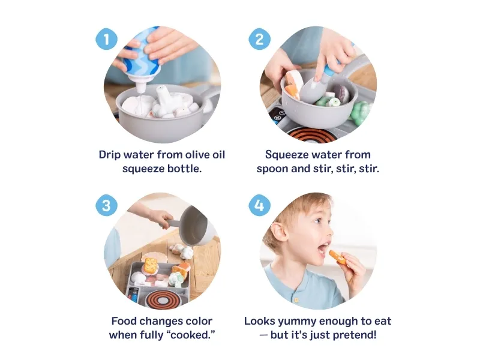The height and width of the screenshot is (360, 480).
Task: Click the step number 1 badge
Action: [x=107, y=39]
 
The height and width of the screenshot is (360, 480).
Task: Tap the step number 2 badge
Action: [x=259, y=39]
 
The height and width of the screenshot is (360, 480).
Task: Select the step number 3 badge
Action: [x=107, y=205]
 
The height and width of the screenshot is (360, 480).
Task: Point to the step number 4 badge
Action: [x=259, y=205]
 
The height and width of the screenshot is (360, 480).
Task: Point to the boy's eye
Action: [x=318, y=220]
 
